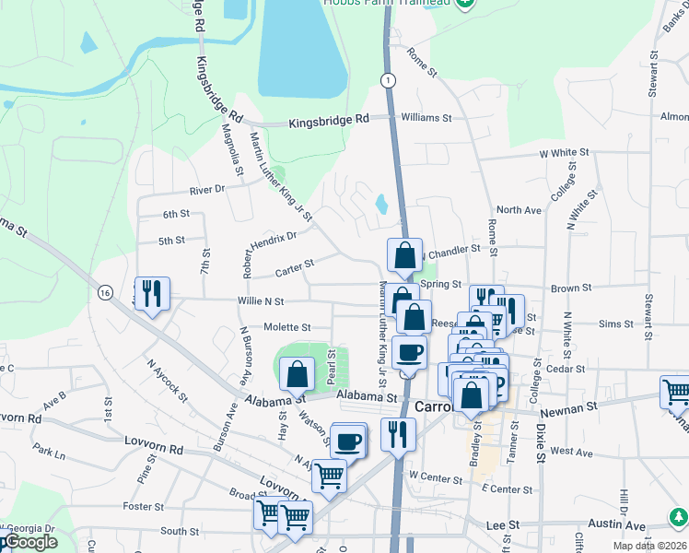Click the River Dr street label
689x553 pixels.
[x=206, y=190]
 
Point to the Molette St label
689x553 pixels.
[x=286, y=327]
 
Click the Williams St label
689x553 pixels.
[x=426, y=118]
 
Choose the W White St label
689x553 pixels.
[x=564, y=152]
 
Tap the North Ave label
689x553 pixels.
[x=519, y=210]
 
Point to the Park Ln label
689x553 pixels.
[x=49, y=454]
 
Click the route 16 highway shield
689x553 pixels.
[x=106, y=292]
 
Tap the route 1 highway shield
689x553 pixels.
[x=391, y=82]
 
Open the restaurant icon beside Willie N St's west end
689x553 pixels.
[x=152, y=293]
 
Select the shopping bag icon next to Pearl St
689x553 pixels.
[x=297, y=374]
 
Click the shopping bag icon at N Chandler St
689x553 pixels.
[x=404, y=254]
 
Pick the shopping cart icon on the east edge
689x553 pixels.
[x=675, y=392]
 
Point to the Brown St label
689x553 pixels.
[x=571, y=288]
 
